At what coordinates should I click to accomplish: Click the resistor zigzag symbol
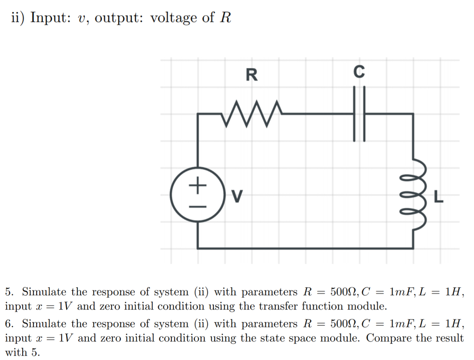[x=251, y=114]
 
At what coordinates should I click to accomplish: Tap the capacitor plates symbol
[x=359, y=114]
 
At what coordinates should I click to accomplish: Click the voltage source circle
[x=198, y=194]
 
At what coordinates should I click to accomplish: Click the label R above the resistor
[x=251, y=74]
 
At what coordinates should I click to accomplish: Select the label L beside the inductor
[x=438, y=199]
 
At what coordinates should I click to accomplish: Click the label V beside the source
[x=237, y=197]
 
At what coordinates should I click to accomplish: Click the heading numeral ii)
[x=18, y=18]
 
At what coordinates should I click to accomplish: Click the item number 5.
[x=9, y=292]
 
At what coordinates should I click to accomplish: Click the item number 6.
[x=9, y=324]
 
